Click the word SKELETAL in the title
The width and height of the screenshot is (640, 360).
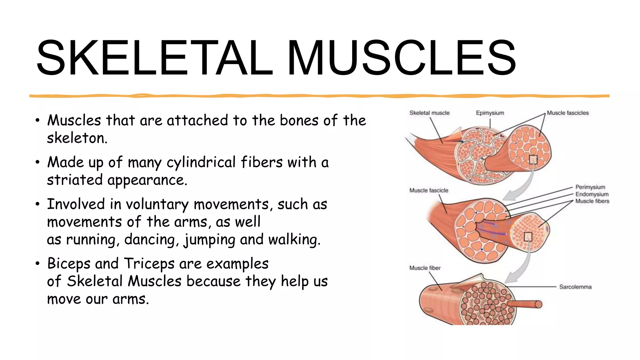coord(155,58)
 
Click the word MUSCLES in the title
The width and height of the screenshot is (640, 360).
coord(402,58)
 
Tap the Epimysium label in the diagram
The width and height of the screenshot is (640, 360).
coord(490,113)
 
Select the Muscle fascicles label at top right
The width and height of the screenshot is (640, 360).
coord(567,113)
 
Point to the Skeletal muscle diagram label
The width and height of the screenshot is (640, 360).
coord(429,113)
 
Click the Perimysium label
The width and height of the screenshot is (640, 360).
coord(590,187)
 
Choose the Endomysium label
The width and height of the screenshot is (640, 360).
coord(592,194)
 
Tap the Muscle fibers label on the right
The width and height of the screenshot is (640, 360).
coord(592,201)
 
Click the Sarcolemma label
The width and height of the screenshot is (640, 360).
coord(575,287)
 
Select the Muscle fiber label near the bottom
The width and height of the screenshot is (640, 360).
coord(425,268)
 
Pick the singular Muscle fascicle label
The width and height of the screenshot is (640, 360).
coord(428,190)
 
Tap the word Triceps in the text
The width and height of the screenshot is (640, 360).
coord(149,263)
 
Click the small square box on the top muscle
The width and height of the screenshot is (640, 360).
coord(533,160)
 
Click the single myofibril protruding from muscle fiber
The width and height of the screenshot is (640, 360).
coord(525,304)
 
